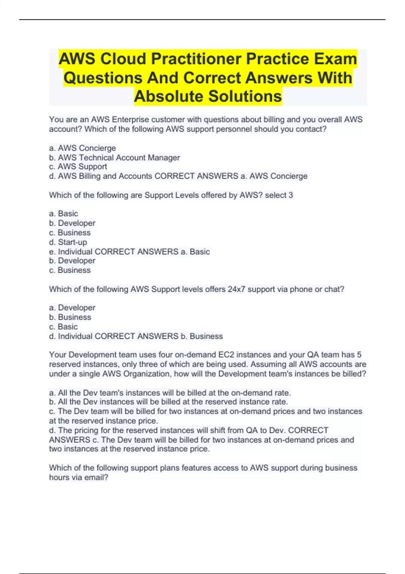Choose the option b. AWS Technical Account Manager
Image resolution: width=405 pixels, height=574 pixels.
pyautogui.click(x=114, y=158)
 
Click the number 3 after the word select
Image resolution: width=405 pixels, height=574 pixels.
pyautogui.click(x=291, y=195)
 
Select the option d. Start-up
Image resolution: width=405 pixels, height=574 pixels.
pyautogui.click(x=68, y=242)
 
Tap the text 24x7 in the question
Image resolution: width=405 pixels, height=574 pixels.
pyautogui.click(x=236, y=289)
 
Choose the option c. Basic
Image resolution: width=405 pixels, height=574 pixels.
pyautogui.click(x=63, y=327)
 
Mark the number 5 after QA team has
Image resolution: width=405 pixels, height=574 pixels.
pyautogui.click(x=359, y=355)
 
